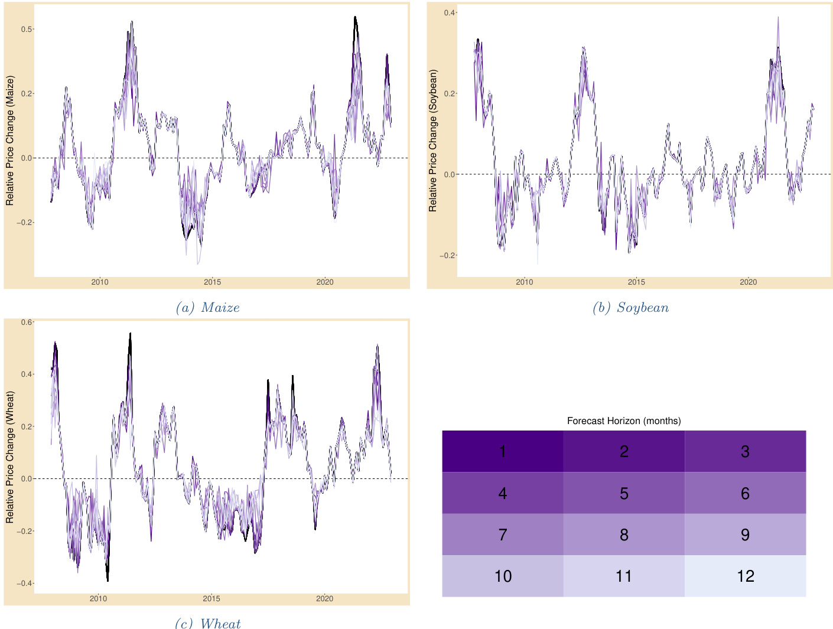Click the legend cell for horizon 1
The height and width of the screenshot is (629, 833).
pyautogui.click(x=502, y=451)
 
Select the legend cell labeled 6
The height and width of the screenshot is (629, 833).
pyautogui.click(x=745, y=493)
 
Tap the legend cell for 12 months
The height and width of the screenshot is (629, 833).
pyautogui.click(x=745, y=576)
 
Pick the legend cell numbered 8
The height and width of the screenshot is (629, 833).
pyautogui.click(x=624, y=535)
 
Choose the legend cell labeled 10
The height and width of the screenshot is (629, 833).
pyautogui.click(x=502, y=576)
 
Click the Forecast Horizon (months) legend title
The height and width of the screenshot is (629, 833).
pyautogui.click(x=624, y=421)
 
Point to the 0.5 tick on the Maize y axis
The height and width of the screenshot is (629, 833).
pyautogui.click(x=26, y=29)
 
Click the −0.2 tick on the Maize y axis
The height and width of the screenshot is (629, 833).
pyautogui.click(x=24, y=223)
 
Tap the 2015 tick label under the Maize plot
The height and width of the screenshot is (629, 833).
pyautogui.click(x=212, y=282)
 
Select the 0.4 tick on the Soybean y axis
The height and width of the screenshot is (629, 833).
pyautogui.click(x=450, y=12)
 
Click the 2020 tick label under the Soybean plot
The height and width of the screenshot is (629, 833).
pyautogui.click(x=748, y=282)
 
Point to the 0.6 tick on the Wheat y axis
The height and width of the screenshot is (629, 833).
pyautogui.click(x=27, y=322)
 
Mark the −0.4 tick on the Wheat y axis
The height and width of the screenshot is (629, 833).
pyautogui.click(x=24, y=584)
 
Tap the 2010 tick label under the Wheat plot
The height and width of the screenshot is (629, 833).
pyautogui.click(x=98, y=598)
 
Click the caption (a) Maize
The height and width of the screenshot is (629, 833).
pyautogui.click(x=207, y=307)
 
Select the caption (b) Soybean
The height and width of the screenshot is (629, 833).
pyautogui.click(x=630, y=307)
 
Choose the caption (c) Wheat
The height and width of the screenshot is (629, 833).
pyautogui.click(x=207, y=623)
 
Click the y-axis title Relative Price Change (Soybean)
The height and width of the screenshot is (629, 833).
pyautogui.click(x=433, y=141)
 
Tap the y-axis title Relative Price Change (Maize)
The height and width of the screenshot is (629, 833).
pyautogui.click(x=10, y=141)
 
